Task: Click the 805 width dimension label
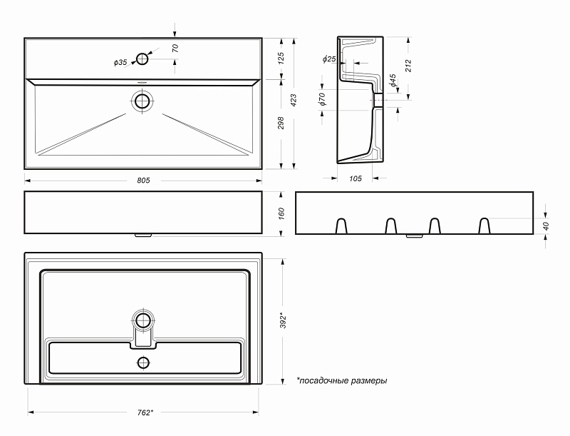(143, 180)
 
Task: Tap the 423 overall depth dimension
(294, 101)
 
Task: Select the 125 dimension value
(281, 59)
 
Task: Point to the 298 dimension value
(281, 123)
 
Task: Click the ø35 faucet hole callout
(120, 63)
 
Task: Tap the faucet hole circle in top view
(142, 59)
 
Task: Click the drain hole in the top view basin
(142, 101)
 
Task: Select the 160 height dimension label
(281, 213)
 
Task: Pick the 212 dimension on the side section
(408, 66)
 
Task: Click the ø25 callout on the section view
(328, 59)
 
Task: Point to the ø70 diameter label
(323, 99)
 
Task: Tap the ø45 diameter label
(393, 81)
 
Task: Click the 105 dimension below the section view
(355, 178)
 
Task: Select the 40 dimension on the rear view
(546, 226)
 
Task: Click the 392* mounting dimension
(283, 320)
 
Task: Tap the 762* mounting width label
(145, 412)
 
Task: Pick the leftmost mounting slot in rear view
(341, 226)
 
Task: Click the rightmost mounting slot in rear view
(484, 226)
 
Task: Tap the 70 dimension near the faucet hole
(175, 49)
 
